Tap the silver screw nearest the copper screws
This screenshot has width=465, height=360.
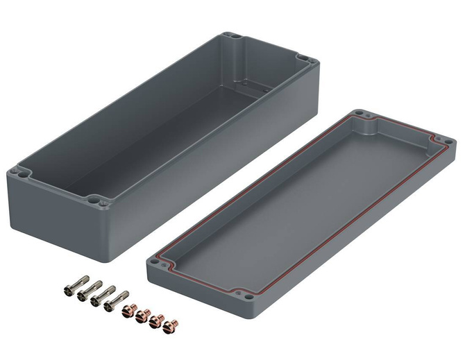pos(112,302)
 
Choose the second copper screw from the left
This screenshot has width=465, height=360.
pos(142,316)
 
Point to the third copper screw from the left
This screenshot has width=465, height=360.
pos(156,320)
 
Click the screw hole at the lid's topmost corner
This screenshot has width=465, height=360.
pos(357,114)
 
